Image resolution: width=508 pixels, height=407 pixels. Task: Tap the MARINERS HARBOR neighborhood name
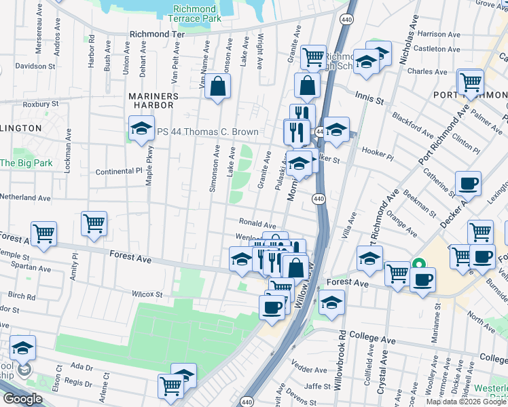pyautogui.click(x=153, y=96)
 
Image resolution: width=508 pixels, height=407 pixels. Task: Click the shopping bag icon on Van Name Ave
pyautogui.click(x=218, y=87)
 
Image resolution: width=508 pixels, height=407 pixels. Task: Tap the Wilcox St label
pyautogui.click(x=147, y=294)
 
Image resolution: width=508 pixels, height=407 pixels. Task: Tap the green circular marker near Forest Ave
pyautogui.click(x=419, y=265)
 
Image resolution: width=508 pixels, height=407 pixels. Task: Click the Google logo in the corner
pyautogui.click(x=22, y=399)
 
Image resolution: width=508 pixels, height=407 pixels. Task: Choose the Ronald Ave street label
pyautogui.click(x=257, y=223)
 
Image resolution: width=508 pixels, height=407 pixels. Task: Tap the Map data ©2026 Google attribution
pyautogui.click(x=467, y=402)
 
